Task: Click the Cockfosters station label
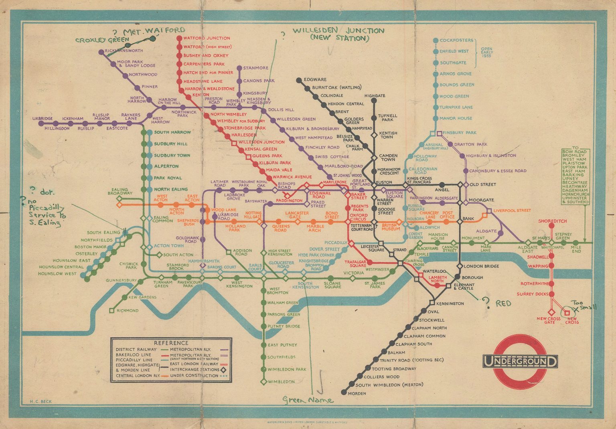[x=456, y=40]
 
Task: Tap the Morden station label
[x=357, y=393]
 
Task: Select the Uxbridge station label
[x=43, y=119]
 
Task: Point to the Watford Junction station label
[x=207, y=38]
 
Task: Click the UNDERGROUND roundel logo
[x=520, y=361]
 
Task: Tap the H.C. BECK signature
[x=41, y=401]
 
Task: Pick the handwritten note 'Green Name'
[x=308, y=400]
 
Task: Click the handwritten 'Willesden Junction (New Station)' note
[x=338, y=34]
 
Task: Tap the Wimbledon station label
[x=281, y=382]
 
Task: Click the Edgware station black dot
[x=299, y=80]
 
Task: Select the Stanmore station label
[x=255, y=68]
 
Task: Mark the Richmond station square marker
[x=111, y=311]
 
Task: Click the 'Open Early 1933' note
[x=486, y=52]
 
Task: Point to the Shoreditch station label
[x=553, y=221]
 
